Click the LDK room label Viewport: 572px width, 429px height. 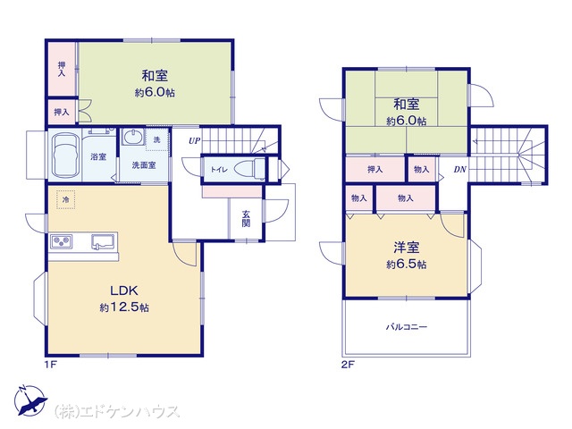pos(124,290)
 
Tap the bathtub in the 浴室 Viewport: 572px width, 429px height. pos(65,156)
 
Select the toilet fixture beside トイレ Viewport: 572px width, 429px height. pos(249,169)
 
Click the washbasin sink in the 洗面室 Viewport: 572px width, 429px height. pos(133,138)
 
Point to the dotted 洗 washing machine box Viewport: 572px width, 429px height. pos(157,139)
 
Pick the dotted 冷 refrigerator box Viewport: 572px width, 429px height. pos(65,199)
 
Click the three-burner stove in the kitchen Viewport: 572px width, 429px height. pos(62,241)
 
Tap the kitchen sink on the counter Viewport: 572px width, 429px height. pos(103,241)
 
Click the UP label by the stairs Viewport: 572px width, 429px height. pos(194,141)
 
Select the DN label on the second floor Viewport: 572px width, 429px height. pos(460,169)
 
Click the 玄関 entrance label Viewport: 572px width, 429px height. pos(246,218)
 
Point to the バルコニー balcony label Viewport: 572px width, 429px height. pos(407,326)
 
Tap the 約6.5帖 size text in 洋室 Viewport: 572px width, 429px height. pos(407,264)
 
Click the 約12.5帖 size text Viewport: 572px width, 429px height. pos(124,307)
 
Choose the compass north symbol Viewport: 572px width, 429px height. pos(30,400)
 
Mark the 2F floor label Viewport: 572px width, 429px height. pos(348,364)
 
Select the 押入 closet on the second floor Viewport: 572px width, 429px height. pos(375,169)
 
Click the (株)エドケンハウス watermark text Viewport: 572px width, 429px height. pos(117,411)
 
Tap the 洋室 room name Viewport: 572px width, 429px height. pos(407,248)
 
